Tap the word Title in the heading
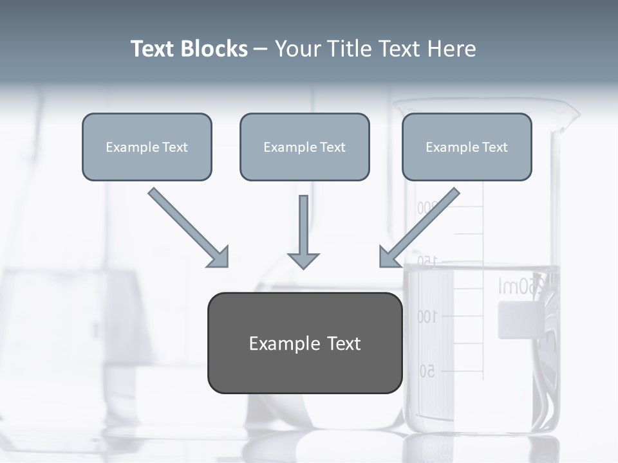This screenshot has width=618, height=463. click(x=346, y=49)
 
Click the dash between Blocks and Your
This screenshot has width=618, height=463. click(x=261, y=50)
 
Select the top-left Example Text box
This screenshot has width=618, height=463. click(x=147, y=147)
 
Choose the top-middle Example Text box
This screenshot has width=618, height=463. click(x=304, y=147)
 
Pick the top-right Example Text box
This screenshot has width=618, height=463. click(x=467, y=147)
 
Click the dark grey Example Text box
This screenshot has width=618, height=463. click(x=304, y=343)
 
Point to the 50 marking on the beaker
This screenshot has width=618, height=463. click(x=427, y=371)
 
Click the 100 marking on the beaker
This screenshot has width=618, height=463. click(x=427, y=316)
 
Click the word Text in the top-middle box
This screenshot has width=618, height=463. click(x=332, y=147)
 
